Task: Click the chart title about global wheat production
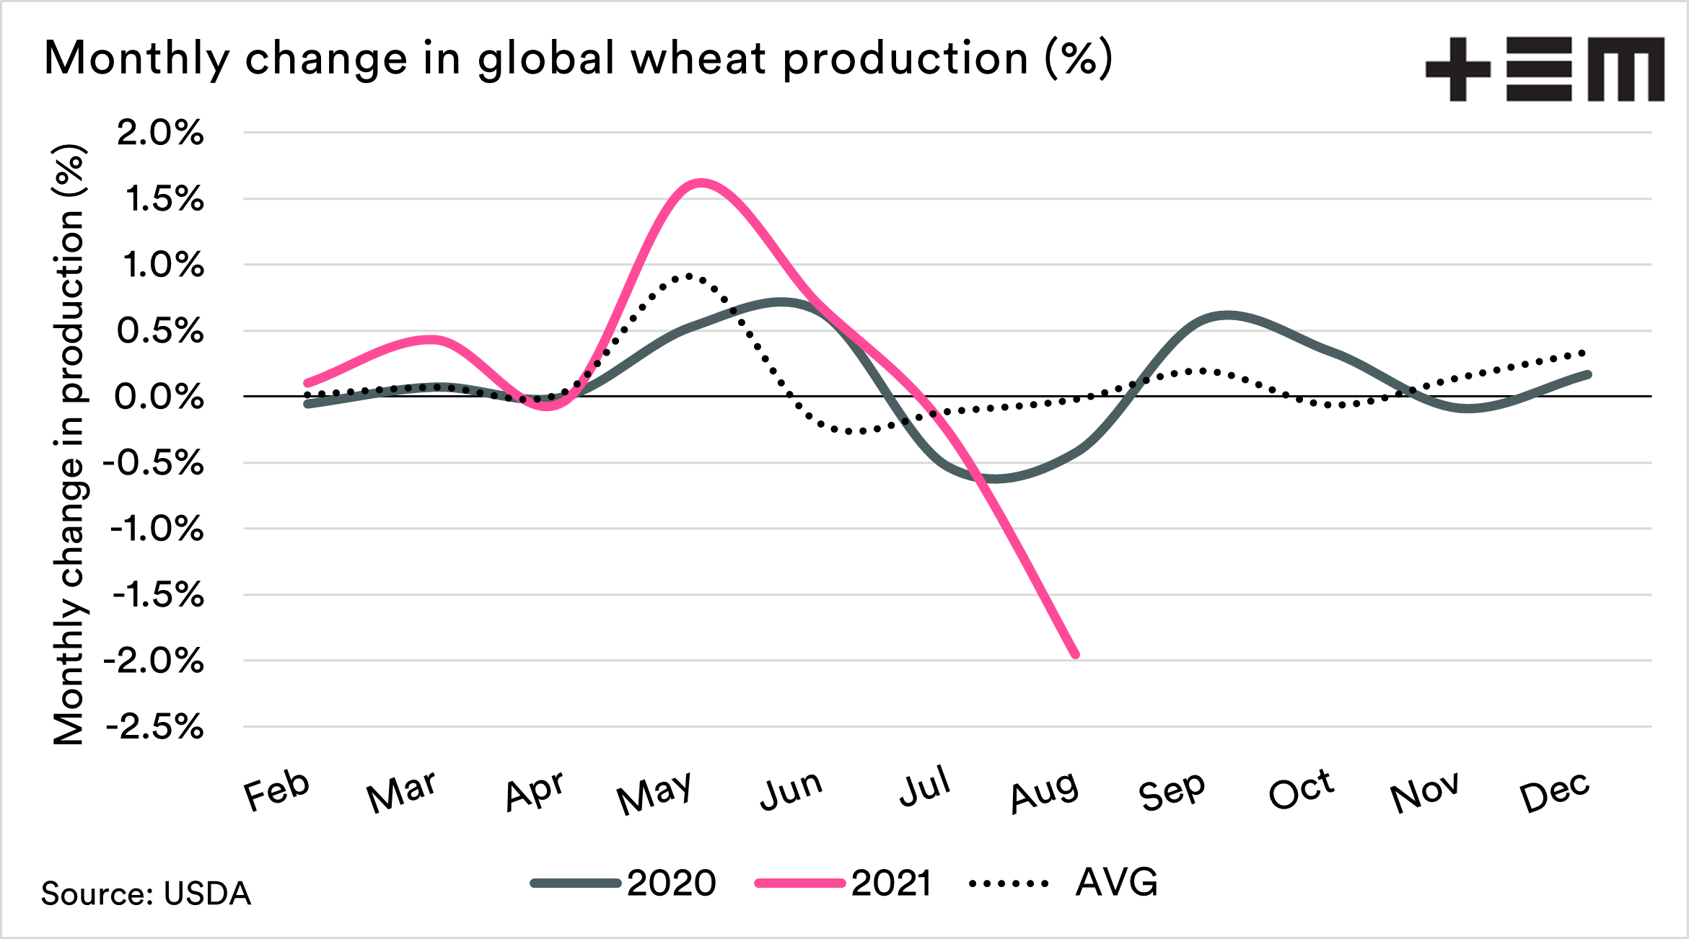[577, 58]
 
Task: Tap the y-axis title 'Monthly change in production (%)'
[69, 444]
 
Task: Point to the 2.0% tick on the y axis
[160, 133]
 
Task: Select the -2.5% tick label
[154, 728]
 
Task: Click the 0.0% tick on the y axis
[159, 397]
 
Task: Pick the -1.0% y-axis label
[156, 529]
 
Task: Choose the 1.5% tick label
[164, 200]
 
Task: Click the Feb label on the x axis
[276, 790]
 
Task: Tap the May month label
[654, 793]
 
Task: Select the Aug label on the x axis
[1044, 791]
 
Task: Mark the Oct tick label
[1301, 790]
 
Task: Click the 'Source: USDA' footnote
[146, 894]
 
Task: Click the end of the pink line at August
[1076, 654]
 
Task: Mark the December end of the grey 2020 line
[1588, 374]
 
